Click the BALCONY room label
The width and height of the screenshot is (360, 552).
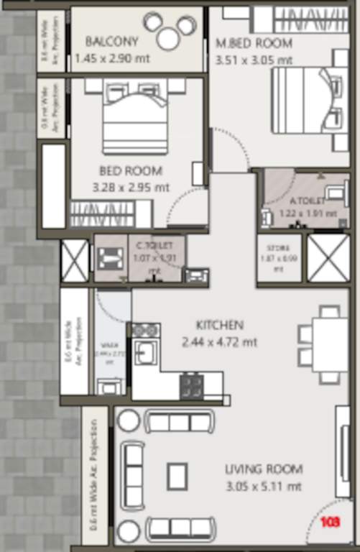112,41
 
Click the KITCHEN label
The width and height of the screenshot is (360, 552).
219,325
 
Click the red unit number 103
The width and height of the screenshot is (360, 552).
331,521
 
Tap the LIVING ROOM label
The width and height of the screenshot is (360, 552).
263,469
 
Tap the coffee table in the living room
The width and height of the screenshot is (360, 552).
177,475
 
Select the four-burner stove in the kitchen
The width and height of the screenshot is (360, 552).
192,385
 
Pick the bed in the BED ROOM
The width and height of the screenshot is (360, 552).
136,116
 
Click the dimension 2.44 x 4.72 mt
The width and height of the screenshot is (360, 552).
219,342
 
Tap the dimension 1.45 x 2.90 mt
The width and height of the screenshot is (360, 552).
112,57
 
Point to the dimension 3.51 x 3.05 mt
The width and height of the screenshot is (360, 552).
254,60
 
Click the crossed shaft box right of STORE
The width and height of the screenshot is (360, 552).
328,257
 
